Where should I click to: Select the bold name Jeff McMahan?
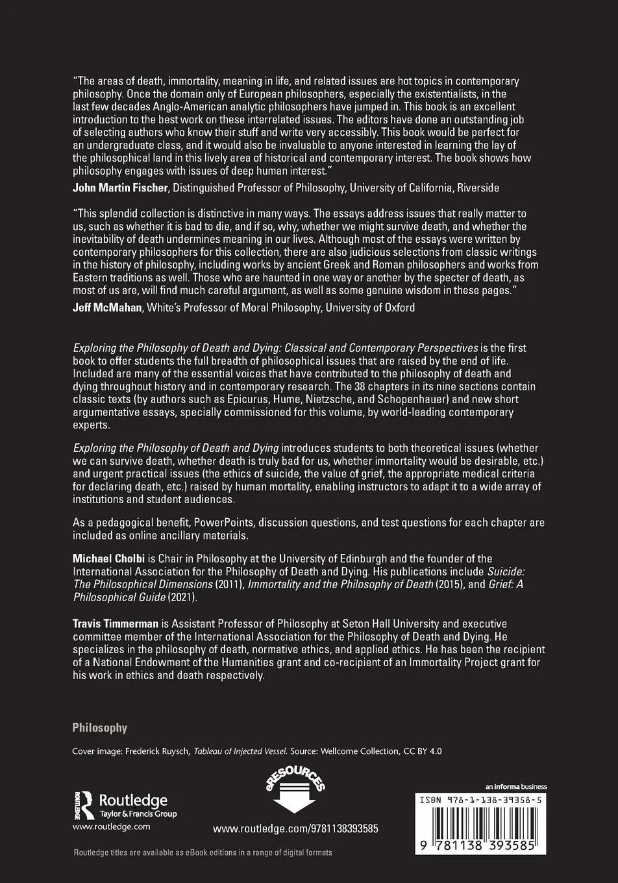click(x=107, y=308)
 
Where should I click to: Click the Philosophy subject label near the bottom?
click(x=99, y=728)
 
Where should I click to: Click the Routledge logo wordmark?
click(x=133, y=801)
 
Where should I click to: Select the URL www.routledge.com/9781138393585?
click(x=295, y=829)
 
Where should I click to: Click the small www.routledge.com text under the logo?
click(x=111, y=827)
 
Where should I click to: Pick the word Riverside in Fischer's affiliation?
click(x=478, y=188)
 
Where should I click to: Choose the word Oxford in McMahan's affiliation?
click(x=397, y=308)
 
